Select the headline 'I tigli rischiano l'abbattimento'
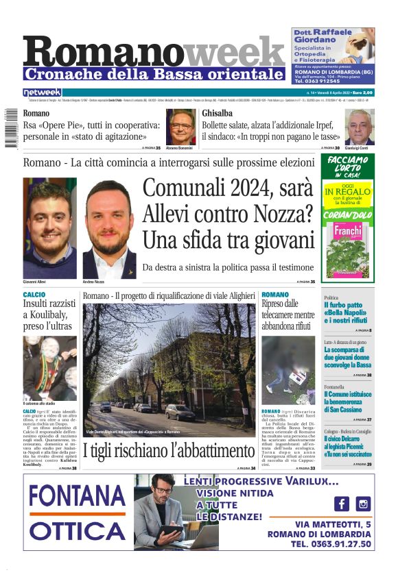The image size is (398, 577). (169, 451)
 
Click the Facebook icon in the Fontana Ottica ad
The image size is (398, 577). (341, 504)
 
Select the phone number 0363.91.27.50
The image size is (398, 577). (331, 544)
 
